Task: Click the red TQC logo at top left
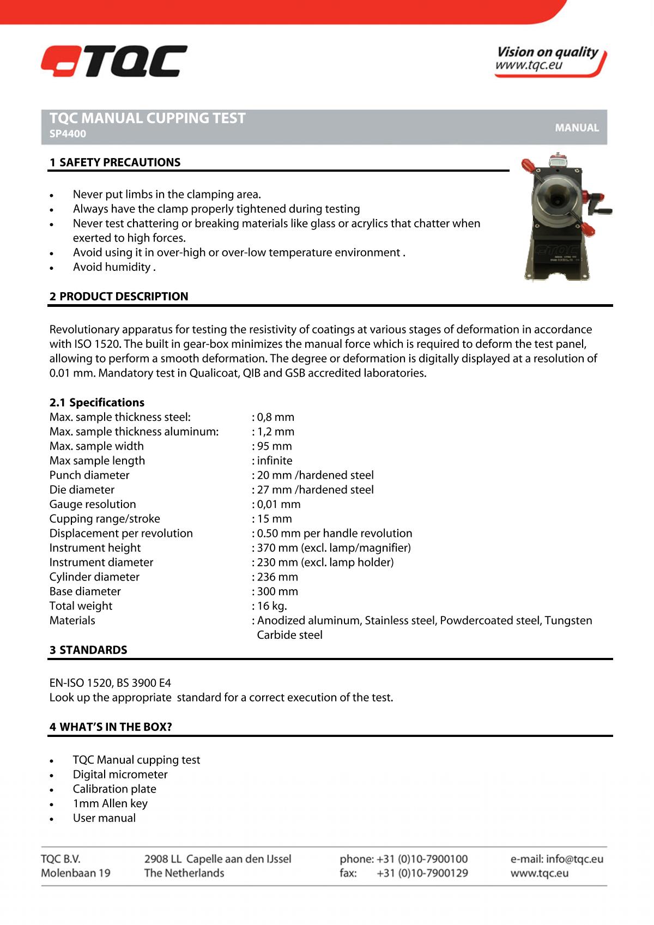click(x=114, y=61)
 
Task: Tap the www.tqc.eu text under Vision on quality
click(x=528, y=66)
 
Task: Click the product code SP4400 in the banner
click(x=68, y=134)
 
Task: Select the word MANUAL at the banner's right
click(x=577, y=128)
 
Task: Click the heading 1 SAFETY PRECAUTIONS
click(x=115, y=162)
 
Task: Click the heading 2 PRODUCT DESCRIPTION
click(x=119, y=297)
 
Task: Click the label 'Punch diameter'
click(x=89, y=475)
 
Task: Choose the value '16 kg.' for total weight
click(x=271, y=606)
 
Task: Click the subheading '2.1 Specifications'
click(x=97, y=403)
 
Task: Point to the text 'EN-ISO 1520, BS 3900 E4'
click(x=110, y=683)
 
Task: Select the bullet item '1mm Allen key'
click(x=110, y=803)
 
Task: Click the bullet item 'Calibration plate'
click(x=114, y=789)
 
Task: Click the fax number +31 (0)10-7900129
click(x=422, y=873)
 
